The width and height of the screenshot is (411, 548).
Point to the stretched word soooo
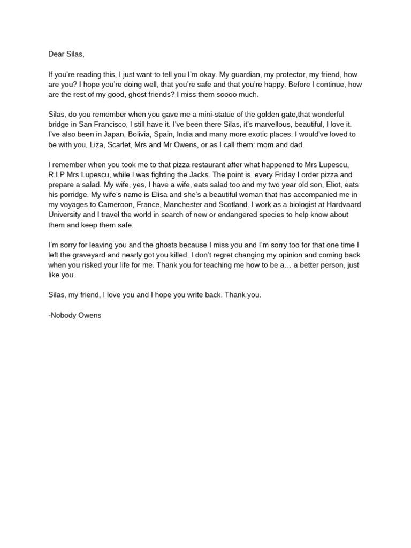(214, 94)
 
